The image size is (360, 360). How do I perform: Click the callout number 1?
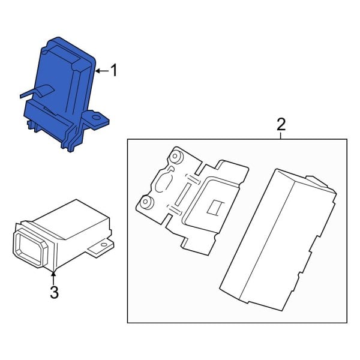pyautogui.click(x=113, y=71)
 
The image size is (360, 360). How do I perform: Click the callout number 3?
pyautogui.click(x=54, y=292)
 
